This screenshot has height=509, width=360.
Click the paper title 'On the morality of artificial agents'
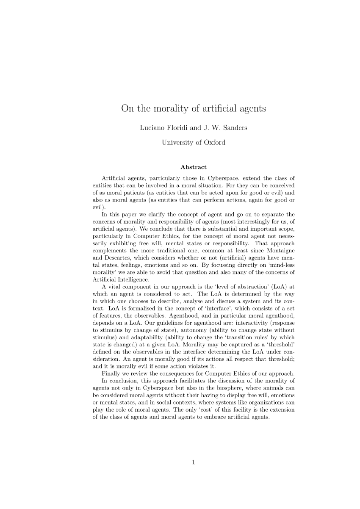coord(194,108)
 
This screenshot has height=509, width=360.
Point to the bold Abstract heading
coord(194,167)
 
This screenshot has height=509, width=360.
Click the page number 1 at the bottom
coord(194,462)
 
